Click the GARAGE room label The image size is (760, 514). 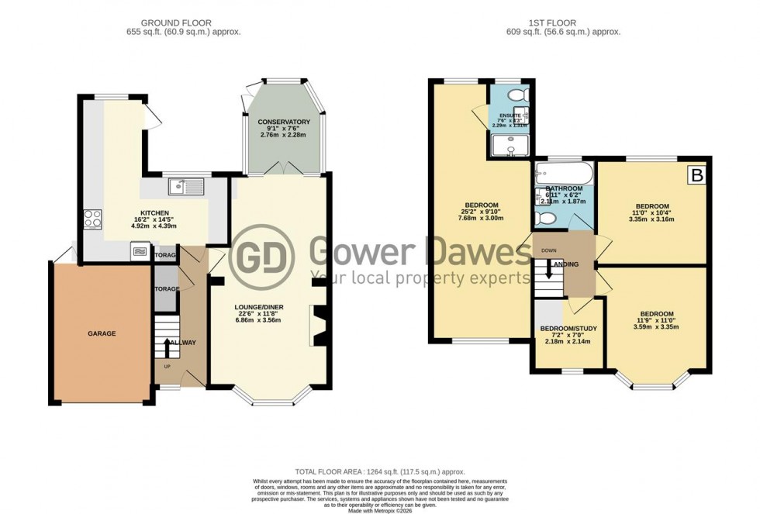(101, 333)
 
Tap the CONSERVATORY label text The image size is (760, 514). (284, 122)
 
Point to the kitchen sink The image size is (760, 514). (186, 186)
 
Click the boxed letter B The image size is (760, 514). (697, 177)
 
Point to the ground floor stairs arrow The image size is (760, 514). (167, 346)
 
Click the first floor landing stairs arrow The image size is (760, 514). (549, 271)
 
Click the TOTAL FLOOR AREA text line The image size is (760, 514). (379, 471)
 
